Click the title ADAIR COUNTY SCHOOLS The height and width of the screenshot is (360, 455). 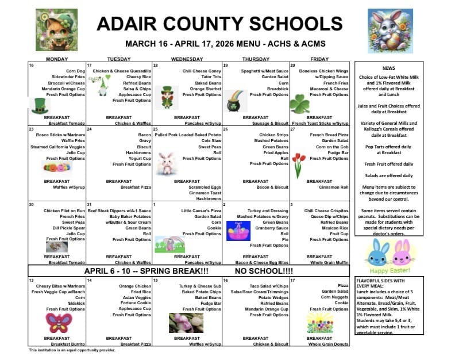tap(227, 24)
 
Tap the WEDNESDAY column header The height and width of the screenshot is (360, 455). tap(186, 59)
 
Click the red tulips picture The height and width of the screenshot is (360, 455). tap(299, 164)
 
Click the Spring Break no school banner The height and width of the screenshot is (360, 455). tap(190, 270)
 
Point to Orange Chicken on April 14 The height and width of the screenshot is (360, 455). tap(135, 286)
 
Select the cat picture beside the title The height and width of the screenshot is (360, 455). tap(49, 22)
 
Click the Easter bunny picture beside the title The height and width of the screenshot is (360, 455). tap(392, 22)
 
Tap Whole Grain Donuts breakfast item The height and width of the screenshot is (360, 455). tap(329, 344)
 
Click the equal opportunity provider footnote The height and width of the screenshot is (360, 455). tap(72, 350)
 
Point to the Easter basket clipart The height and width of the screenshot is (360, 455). tap(237, 229)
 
